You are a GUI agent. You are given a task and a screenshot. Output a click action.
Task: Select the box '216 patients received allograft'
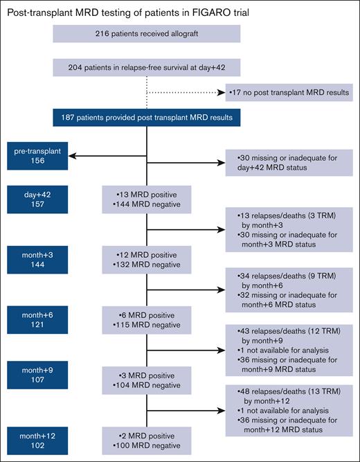point(146,34)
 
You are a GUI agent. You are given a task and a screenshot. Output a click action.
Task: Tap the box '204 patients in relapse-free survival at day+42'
point(146,66)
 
